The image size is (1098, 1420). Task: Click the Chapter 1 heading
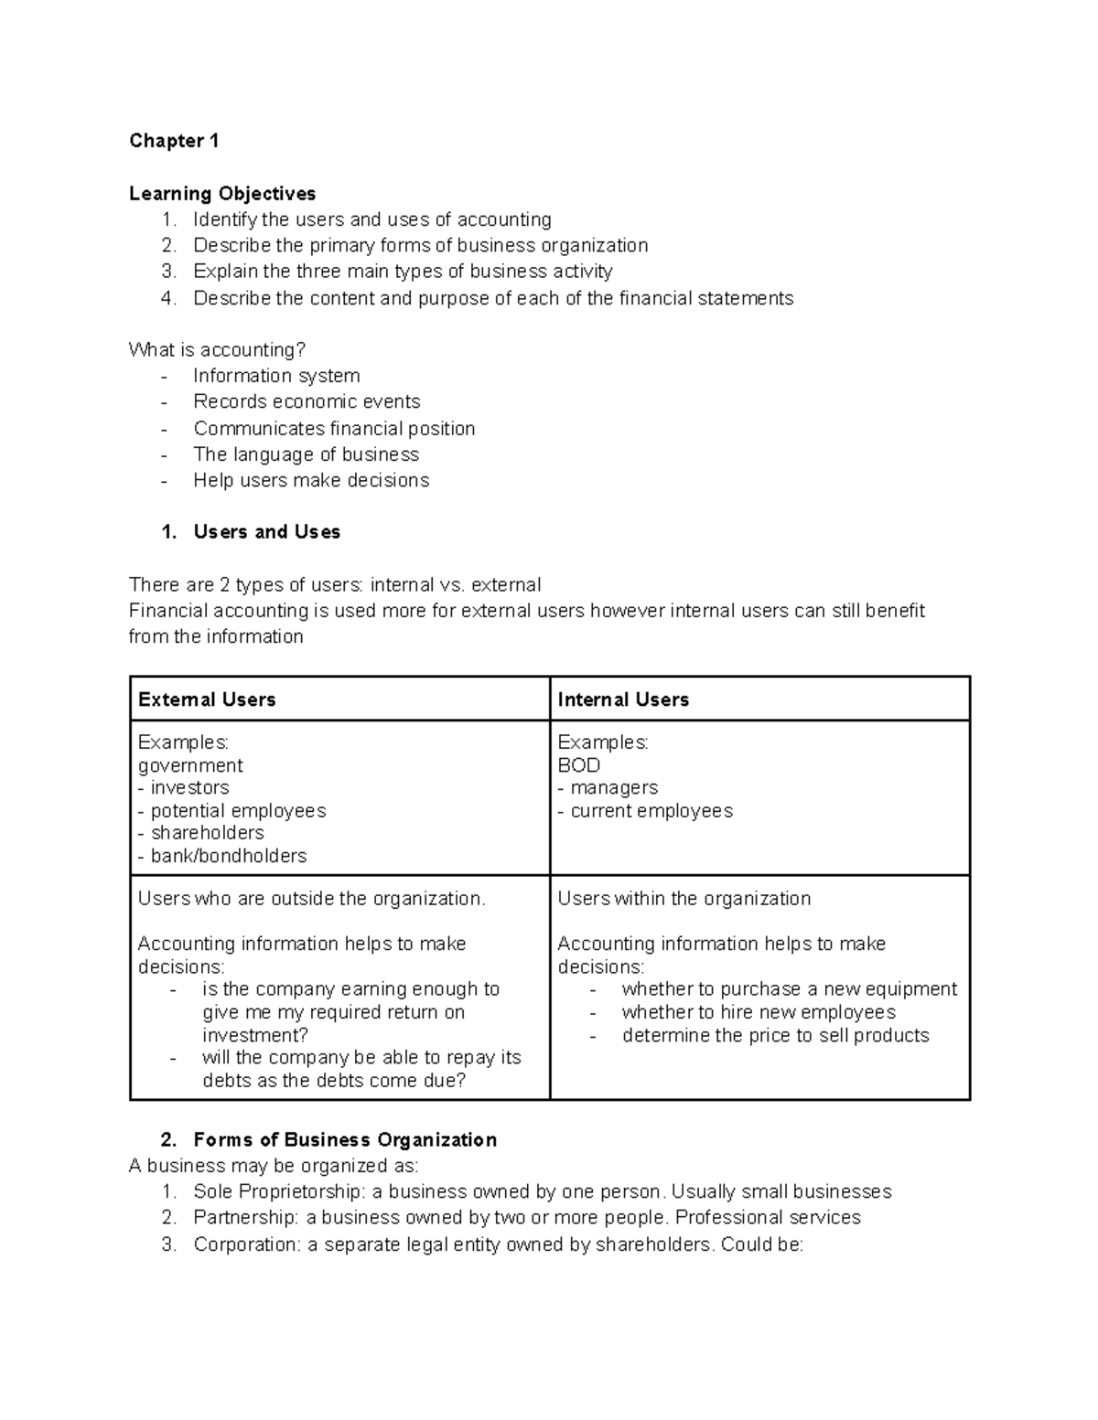174,141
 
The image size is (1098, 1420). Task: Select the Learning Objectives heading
222,194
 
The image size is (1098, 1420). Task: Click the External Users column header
207,699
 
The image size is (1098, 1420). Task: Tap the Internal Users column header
623,699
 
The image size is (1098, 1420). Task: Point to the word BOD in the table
578,765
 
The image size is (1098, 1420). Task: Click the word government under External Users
190,765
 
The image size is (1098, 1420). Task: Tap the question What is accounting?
217,350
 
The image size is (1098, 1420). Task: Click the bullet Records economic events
307,401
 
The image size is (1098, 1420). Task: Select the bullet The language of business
306,454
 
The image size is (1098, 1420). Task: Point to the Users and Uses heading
266,532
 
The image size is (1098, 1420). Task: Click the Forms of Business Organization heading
345,1139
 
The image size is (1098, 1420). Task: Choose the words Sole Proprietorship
244,1191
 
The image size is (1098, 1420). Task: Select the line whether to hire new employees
758,1012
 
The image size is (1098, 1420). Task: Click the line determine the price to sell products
775,1035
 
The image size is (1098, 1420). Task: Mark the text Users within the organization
684,899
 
